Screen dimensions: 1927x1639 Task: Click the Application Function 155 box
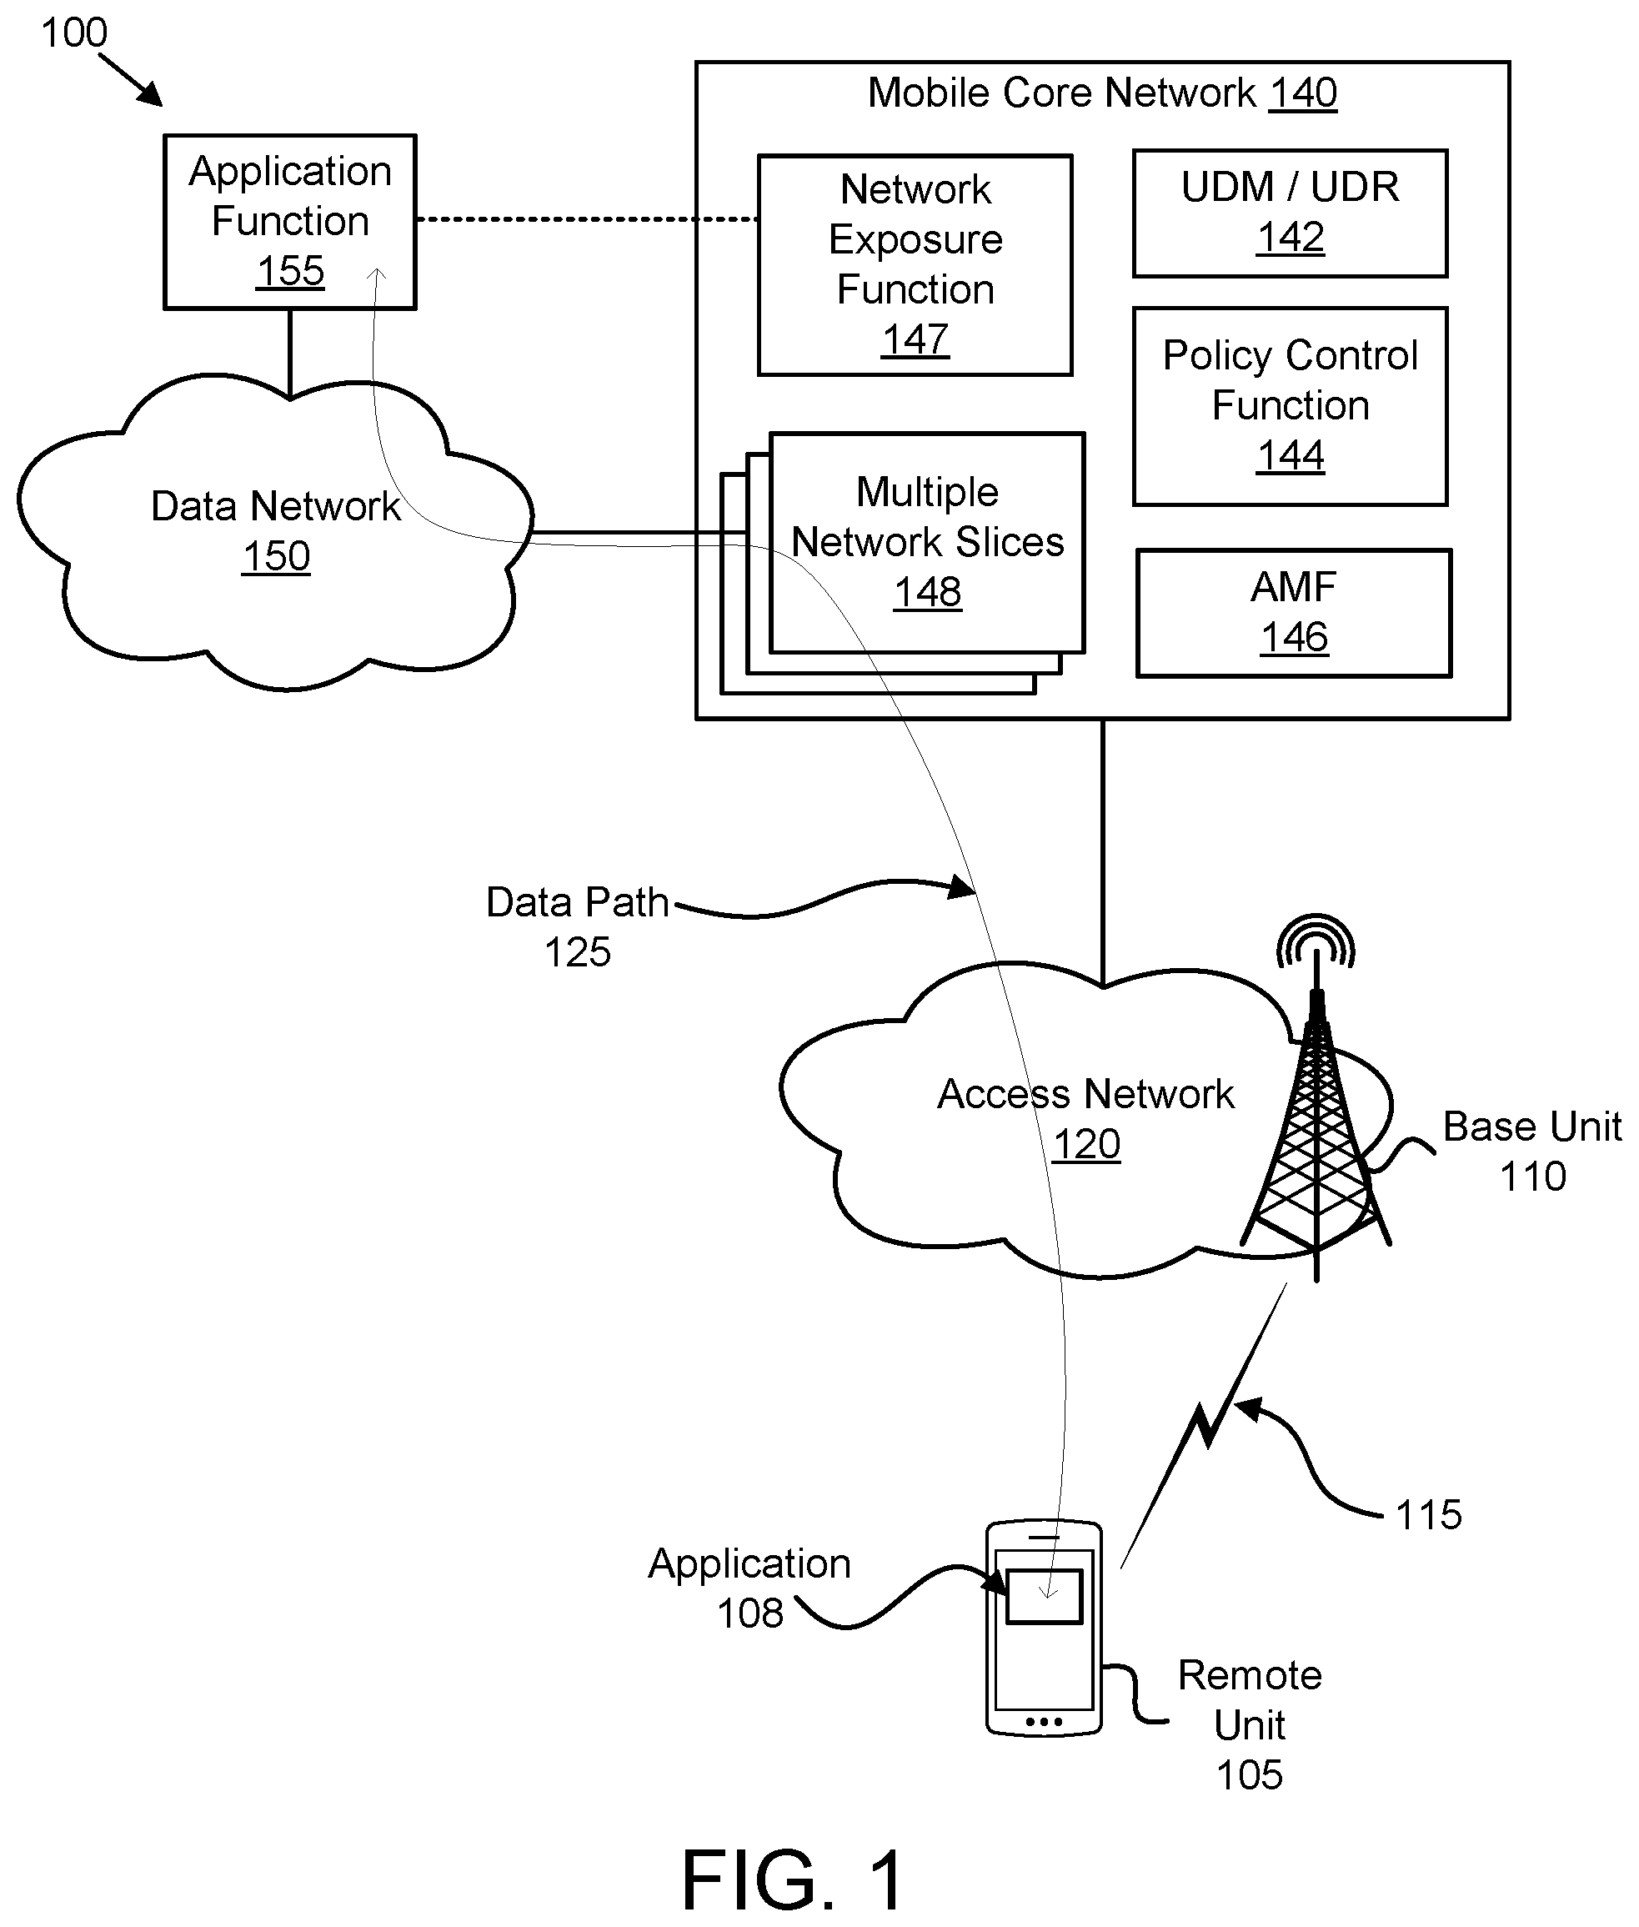(290, 221)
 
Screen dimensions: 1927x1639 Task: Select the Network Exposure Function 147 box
(915, 265)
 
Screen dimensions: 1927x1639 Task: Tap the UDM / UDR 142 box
(1290, 213)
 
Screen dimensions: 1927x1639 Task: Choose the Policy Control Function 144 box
(1290, 406)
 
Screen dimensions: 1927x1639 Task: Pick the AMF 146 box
(1293, 613)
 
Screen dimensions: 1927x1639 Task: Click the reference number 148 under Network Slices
(927, 593)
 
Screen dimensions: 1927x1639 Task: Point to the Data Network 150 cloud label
(275, 531)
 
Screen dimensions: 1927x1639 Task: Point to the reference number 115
(1428, 1515)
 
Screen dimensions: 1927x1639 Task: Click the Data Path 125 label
(577, 927)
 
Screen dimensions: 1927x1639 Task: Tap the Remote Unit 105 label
(1250, 1724)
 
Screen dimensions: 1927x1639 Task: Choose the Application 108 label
(749, 1588)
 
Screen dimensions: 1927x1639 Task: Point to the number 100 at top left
(74, 33)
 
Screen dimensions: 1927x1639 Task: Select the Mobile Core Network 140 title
(1102, 93)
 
